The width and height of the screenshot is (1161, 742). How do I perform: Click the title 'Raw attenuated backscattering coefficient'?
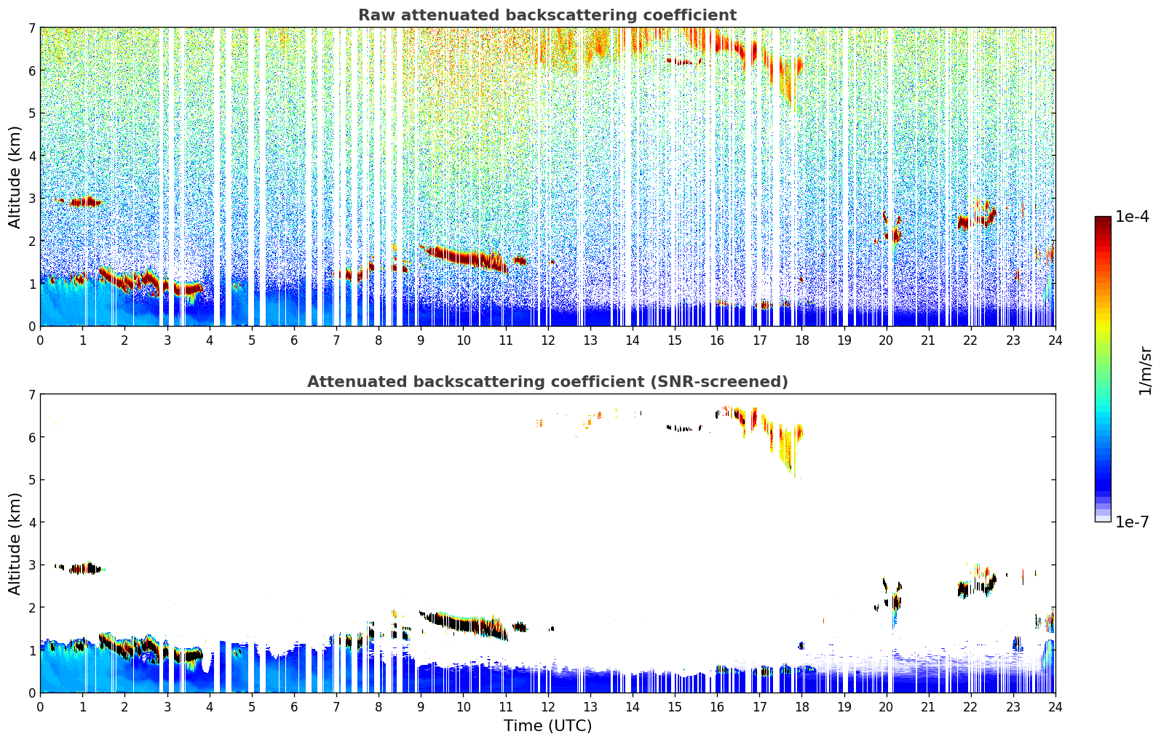pyautogui.click(x=547, y=15)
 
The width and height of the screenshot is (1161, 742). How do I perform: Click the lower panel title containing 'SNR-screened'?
pyautogui.click(x=547, y=382)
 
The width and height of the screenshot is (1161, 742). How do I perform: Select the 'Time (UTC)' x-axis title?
pyautogui.click(x=547, y=725)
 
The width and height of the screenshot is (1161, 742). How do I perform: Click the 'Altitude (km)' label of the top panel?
pyautogui.click(x=15, y=177)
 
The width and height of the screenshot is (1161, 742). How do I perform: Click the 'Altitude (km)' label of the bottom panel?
pyautogui.click(x=15, y=543)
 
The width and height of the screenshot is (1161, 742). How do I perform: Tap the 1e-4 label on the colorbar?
pyautogui.click(x=1132, y=217)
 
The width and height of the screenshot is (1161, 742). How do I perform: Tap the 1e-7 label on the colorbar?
pyautogui.click(x=1132, y=522)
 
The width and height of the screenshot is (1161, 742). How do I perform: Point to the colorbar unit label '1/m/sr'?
pyautogui.click(x=1145, y=371)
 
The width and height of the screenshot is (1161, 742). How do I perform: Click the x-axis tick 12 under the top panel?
pyautogui.click(x=547, y=340)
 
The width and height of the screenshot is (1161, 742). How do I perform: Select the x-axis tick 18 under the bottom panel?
pyautogui.click(x=801, y=706)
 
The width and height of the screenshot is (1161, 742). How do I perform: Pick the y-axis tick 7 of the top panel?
pyautogui.click(x=32, y=28)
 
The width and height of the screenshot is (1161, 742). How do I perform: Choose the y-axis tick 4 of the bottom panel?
pyautogui.click(x=32, y=522)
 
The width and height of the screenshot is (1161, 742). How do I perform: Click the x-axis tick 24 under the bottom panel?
pyautogui.click(x=1055, y=706)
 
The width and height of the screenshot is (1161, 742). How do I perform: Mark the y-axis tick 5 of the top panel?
pyautogui.click(x=32, y=113)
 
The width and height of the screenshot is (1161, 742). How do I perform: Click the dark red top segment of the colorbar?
pyautogui.click(x=1102, y=223)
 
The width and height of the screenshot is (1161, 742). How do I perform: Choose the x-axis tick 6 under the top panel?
pyautogui.click(x=294, y=340)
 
